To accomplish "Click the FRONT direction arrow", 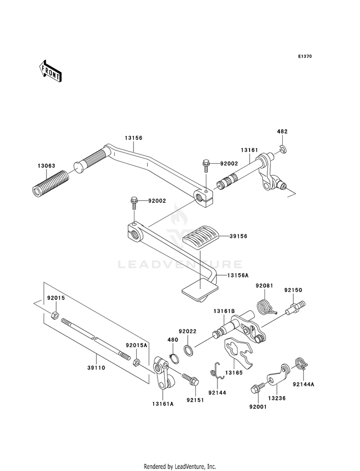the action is click(50, 71).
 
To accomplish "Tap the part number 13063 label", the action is click(47, 166).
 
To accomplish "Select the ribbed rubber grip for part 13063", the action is click(50, 184).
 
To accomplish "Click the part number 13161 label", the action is click(249, 150).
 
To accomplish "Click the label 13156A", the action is click(238, 275).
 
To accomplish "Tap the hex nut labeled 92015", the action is click(54, 315).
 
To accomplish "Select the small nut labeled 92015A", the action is click(136, 362).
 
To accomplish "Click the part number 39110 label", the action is click(96, 368).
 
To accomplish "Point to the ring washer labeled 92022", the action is click(189, 350).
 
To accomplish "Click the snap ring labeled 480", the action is click(174, 358).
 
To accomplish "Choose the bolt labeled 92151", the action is click(191, 379).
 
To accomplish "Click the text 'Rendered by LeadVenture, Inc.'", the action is click(180, 467).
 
